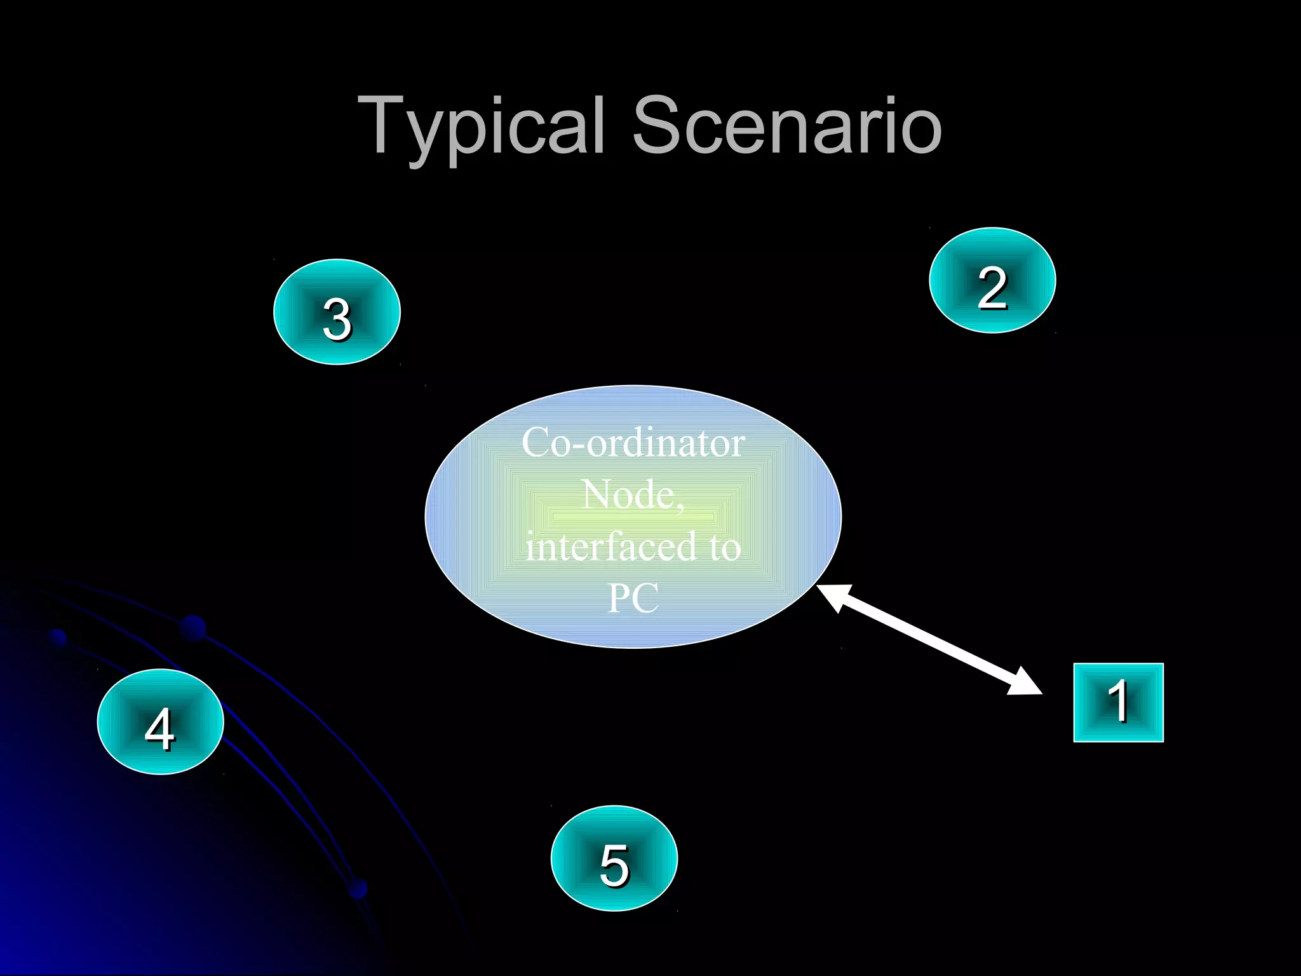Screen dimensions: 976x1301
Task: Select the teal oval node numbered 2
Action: tap(992, 280)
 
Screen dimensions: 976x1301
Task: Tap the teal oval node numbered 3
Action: tap(337, 312)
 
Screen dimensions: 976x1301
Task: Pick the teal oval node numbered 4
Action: tap(160, 722)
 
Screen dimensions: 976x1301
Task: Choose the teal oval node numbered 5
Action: tap(614, 858)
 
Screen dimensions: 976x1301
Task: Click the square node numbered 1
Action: tap(1118, 702)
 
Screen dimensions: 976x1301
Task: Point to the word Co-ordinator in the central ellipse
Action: tap(633, 442)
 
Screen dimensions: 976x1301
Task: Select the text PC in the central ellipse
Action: tap(633, 598)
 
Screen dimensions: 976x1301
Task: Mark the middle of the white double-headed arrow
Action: tap(929, 639)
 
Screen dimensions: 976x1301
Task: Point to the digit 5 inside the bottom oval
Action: tap(614, 865)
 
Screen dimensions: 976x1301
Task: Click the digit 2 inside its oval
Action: tap(992, 288)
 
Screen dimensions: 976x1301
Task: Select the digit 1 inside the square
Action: tap(1119, 701)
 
